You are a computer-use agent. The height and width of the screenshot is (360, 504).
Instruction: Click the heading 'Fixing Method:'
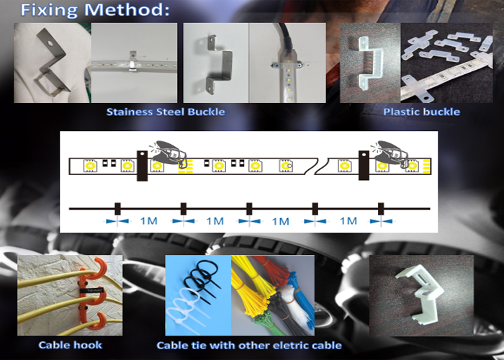click(x=95, y=9)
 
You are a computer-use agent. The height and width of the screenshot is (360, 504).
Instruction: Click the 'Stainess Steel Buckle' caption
click(x=166, y=112)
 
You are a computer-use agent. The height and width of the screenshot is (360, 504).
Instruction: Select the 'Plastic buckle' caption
click(x=421, y=112)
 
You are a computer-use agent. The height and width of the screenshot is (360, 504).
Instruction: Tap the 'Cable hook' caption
click(x=70, y=345)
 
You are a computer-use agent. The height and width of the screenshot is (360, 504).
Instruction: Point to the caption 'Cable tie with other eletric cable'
click(x=249, y=345)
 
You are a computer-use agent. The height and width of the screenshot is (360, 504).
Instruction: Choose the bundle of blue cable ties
click(x=302, y=299)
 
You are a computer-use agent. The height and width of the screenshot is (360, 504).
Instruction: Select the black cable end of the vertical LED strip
click(x=284, y=37)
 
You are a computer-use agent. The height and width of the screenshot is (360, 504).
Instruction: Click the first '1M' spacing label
click(x=149, y=221)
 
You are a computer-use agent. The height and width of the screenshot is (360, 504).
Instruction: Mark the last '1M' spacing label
click(x=348, y=221)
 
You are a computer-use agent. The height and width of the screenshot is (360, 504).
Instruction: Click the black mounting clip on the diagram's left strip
click(x=142, y=166)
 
